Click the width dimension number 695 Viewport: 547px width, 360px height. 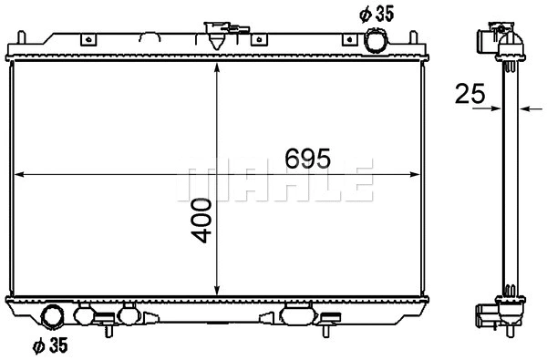pyautogui.click(x=306, y=156)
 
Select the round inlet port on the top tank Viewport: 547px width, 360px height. pyautogui.click(x=376, y=40)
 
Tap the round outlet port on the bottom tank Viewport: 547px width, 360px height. pyautogui.click(x=55, y=318)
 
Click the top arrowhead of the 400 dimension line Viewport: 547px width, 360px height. pyautogui.click(x=216, y=70)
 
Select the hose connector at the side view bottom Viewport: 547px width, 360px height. pyautogui.click(x=483, y=318)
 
